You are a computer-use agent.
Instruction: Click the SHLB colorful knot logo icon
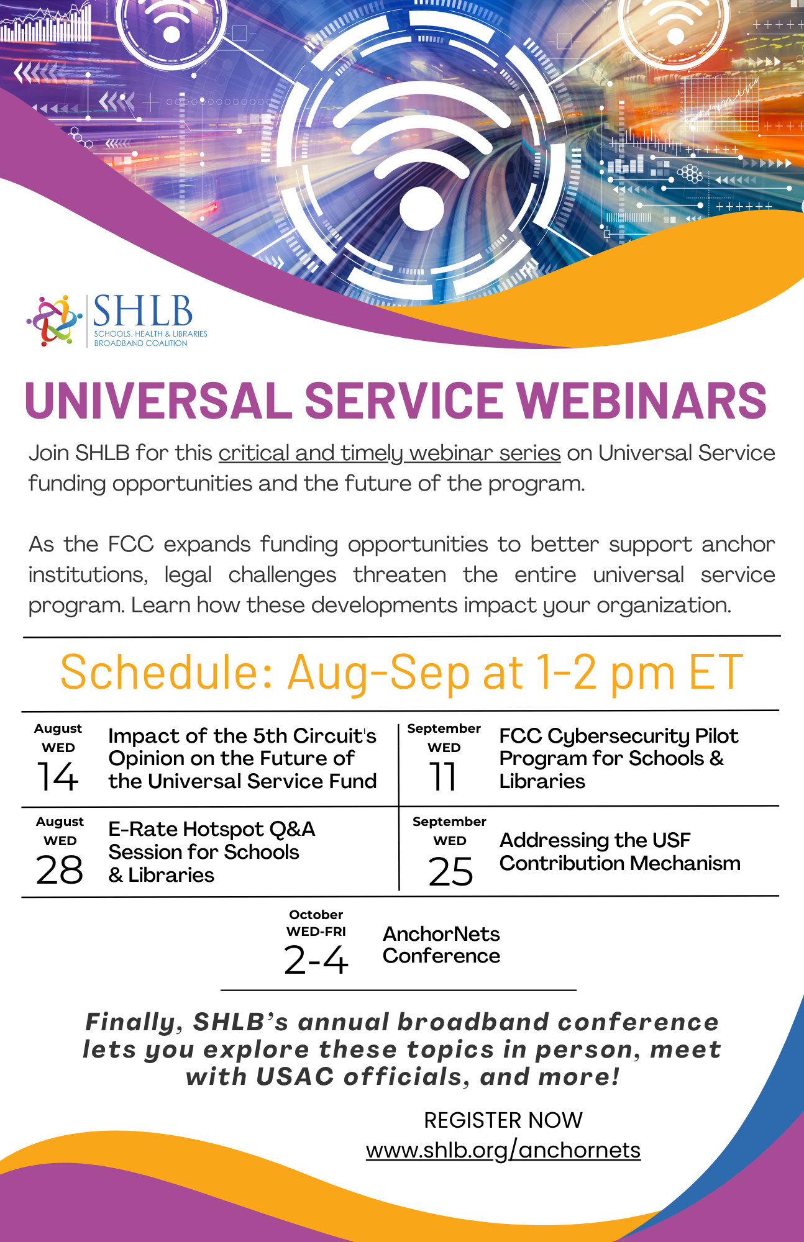[55, 320]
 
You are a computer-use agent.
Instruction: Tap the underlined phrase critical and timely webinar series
[390, 453]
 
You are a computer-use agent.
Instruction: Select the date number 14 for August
[58, 776]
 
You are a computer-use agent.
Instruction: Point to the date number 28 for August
[60, 869]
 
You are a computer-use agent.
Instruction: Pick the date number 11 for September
[444, 776]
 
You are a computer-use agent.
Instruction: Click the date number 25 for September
[450, 871]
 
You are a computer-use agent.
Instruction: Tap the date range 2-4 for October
[316, 960]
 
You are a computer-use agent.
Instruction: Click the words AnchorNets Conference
[441, 945]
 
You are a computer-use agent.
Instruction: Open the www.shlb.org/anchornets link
[503, 1150]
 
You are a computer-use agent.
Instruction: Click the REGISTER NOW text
[503, 1120]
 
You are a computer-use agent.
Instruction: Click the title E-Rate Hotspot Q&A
[211, 830]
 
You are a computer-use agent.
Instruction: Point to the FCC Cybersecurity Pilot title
[618, 737]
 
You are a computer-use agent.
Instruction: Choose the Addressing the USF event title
[595, 840]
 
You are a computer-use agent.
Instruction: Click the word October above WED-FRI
[316, 915]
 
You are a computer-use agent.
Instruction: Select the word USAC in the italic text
[295, 1077]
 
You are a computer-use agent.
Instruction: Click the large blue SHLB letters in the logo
[142, 311]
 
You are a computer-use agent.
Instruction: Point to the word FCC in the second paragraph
[130, 545]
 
